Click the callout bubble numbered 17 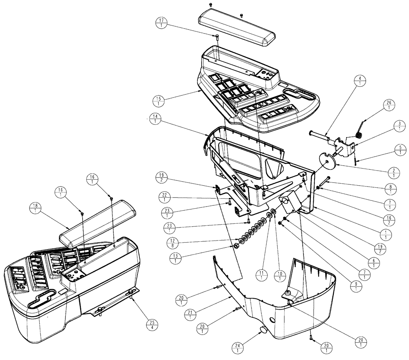point(162,22)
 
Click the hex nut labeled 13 point(236,247)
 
